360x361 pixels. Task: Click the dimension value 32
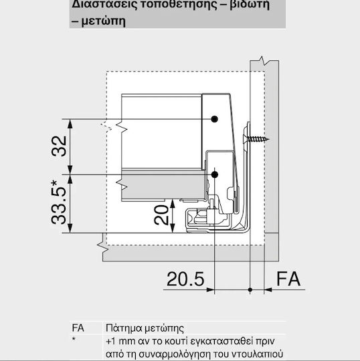tap(59, 146)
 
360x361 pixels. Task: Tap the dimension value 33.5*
tap(59, 202)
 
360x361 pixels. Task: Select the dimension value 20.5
tap(185, 279)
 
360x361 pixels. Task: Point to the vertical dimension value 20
tap(161, 215)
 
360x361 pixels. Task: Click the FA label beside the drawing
tap(288, 279)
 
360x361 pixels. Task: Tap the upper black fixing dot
tap(215, 119)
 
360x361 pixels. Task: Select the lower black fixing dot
tap(215, 174)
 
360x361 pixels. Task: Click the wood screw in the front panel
tap(256, 139)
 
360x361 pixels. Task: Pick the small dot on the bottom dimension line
tap(250, 289)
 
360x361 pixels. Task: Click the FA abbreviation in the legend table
tap(78, 328)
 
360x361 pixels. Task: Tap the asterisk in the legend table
tap(74, 339)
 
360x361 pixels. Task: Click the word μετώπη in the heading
tap(104, 21)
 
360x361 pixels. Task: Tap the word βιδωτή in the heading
tap(250, 5)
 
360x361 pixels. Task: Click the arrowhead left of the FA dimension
tap(268, 289)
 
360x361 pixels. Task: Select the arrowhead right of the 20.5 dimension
tap(211, 289)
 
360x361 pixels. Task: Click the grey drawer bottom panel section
tap(163, 185)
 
